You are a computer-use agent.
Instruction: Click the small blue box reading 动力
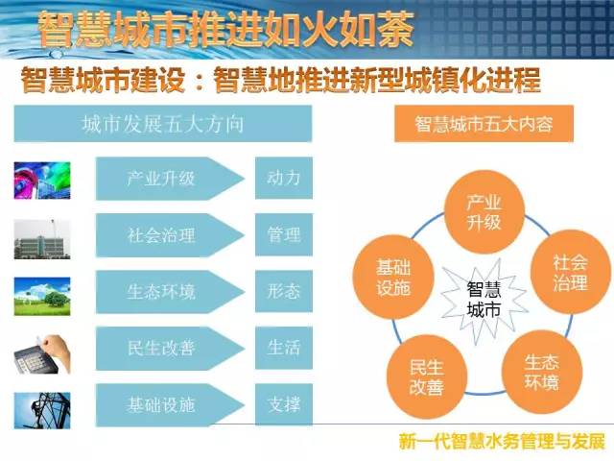pos(284,178)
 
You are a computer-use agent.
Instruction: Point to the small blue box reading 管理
pos(284,234)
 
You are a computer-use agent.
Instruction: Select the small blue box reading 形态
pos(284,291)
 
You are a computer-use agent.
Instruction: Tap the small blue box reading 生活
pos(284,348)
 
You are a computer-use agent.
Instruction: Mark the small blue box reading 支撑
pos(284,404)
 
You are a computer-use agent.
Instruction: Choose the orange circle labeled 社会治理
pos(570,272)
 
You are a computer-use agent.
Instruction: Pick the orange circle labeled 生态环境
pos(542,372)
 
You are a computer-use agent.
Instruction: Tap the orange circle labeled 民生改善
pos(427,376)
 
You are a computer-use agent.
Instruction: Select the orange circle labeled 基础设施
pos(393,277)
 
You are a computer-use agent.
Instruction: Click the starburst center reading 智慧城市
pos(484,300)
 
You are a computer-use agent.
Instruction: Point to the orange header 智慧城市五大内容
pos(484,124)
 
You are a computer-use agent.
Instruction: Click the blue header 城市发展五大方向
pos(163,124)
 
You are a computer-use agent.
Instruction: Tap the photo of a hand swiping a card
pos(42,354)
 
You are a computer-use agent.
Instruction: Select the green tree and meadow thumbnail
pos(42,297)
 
